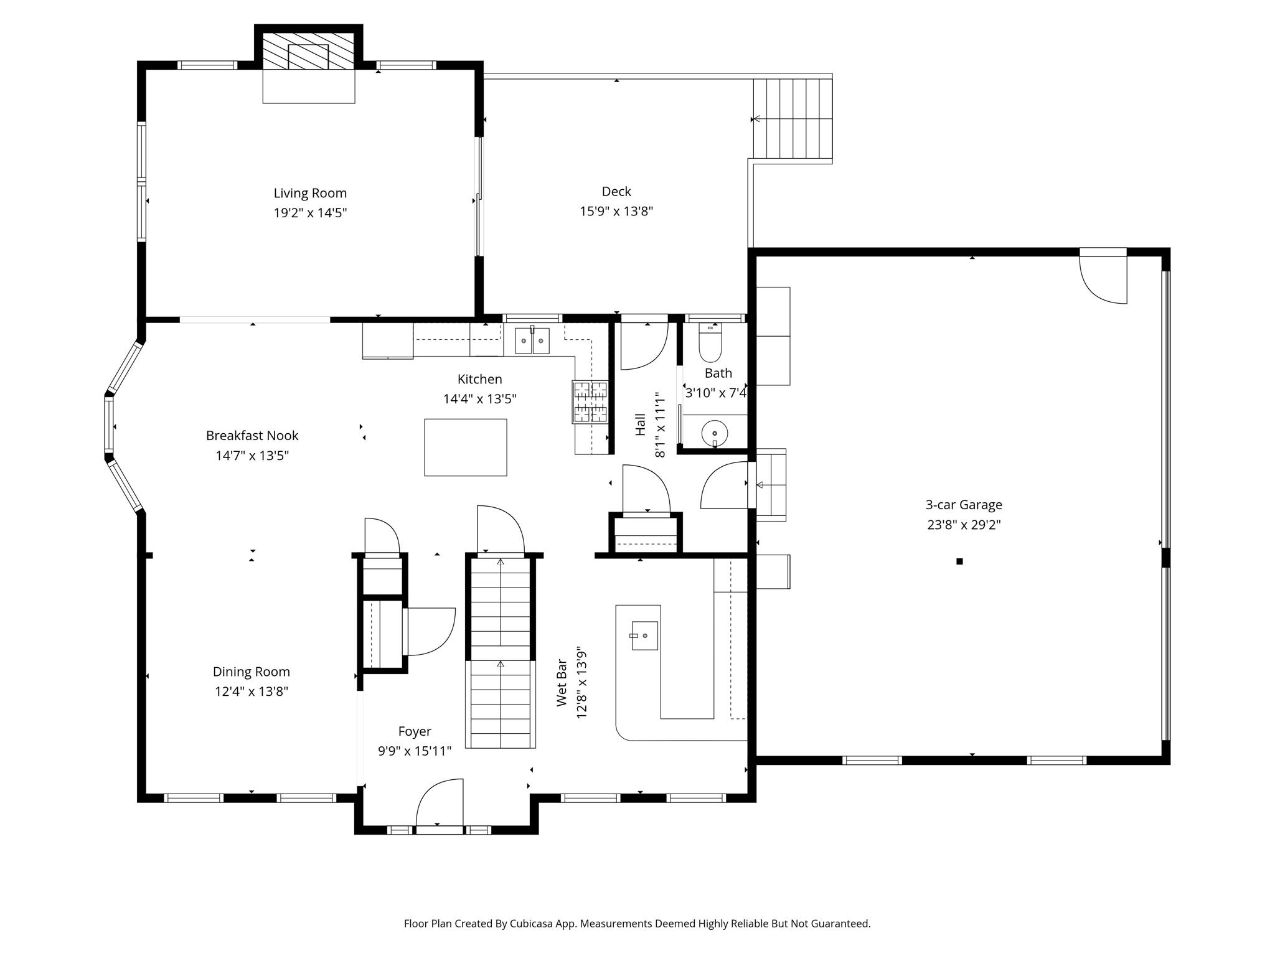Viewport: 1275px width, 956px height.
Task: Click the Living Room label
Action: (310, 193)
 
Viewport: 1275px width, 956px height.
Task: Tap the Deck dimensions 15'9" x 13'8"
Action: (616, 211)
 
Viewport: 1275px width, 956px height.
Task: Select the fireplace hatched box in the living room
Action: (309, 50)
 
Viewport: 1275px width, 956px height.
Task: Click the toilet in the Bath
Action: (710, 343)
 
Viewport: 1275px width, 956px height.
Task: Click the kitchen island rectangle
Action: (466, 448)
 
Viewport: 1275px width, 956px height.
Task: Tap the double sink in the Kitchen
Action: (532, 340)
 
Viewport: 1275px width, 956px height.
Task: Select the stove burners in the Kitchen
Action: (590, 402)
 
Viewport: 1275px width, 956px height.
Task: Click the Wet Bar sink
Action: (645, 635)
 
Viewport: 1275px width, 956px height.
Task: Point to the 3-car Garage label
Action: (964, 505)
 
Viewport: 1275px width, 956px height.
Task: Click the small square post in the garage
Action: (959, 561)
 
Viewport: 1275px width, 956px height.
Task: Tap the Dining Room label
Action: (252, 672)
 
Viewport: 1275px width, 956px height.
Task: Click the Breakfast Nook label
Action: (252, 436)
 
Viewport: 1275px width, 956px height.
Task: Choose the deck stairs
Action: (793, 118)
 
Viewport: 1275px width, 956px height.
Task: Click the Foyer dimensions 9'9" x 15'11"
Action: (415, 751)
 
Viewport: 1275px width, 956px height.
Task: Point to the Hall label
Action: (641, 425)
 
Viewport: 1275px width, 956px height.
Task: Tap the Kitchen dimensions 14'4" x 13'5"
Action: (480, 399)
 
